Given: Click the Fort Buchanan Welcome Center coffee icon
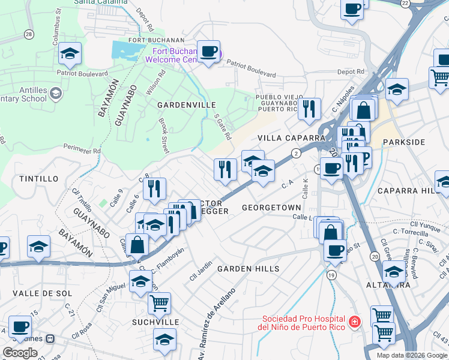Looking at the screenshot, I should coord(208,51).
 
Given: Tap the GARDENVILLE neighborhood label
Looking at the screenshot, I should coord(186,105).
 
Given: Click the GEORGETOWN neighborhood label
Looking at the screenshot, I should coord(271,208).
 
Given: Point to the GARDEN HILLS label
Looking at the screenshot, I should coord(248,269).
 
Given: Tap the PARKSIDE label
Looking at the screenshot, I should coord(403,142).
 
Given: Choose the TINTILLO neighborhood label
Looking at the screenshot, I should coord(39,179).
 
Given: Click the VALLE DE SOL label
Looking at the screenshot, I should coord(42,293).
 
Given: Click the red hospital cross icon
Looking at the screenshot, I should coord(354,322).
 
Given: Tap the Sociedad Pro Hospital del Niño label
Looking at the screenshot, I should coord(303,323).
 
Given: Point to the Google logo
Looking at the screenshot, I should coord(20,353).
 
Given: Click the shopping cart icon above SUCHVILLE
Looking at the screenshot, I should coord(159,303).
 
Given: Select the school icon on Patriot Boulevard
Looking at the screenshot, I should coord(70,53).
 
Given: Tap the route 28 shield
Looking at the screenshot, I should coord(29,35).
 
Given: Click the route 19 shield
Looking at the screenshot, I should coord(331,275).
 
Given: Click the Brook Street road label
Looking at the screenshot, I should coord(163,134).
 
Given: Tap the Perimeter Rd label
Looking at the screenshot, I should coord(80,149).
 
